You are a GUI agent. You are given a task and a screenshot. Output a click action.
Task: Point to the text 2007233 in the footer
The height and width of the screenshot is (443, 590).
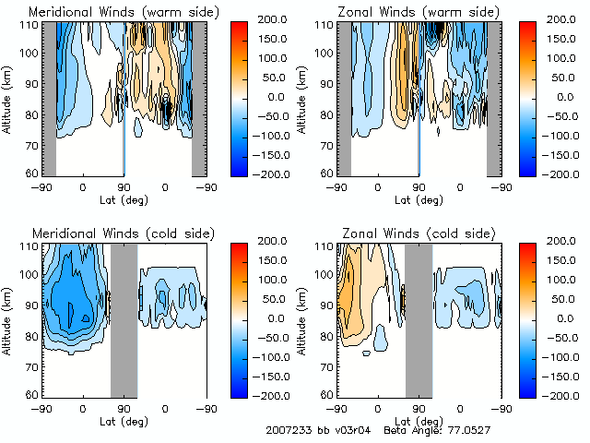click(x=285, y=431)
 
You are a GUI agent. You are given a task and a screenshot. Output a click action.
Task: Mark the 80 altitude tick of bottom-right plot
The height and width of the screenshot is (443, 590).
click(x=326, y=335)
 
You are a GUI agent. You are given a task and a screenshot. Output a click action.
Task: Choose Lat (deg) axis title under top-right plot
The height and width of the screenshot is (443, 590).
click(x=419, y=199)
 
